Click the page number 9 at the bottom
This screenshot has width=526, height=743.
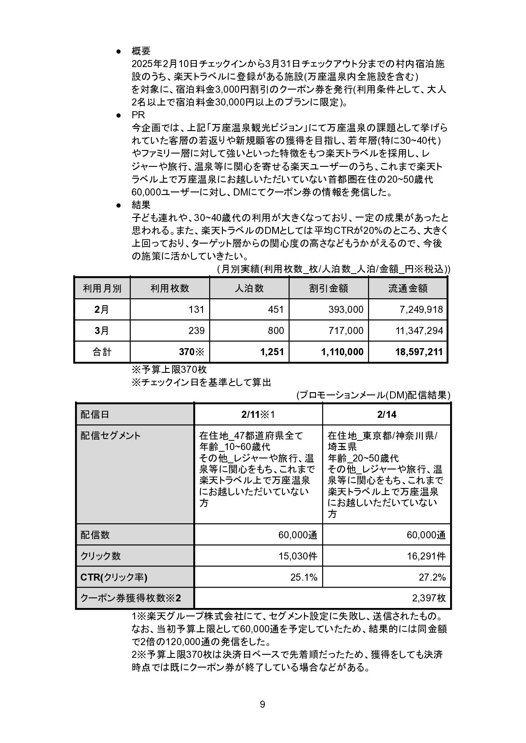[x=263, y=704]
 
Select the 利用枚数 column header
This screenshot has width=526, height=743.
[x=170, y=288]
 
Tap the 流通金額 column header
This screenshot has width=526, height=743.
[x=408, y=288]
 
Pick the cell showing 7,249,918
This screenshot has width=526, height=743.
[x=421, y=309]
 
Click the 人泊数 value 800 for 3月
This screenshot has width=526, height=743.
[x=276, y=330]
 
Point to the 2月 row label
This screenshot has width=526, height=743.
[x=102, y=309]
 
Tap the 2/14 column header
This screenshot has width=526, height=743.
[x=386, y=414]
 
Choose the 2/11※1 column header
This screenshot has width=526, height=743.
[x=258, y=414]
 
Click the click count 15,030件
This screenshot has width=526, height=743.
[x=298, y=556]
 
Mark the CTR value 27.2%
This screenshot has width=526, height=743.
[x=432, y=577]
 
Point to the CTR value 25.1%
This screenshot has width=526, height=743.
[x=304, y=577]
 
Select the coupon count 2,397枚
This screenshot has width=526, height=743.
[x=429, y=598]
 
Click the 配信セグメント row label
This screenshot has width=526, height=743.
[x=111, y=436]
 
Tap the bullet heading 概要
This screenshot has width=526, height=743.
[x=141, y=51]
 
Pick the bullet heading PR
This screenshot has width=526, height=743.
[x=138, y=115]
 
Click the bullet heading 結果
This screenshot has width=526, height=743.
[x=141, y=205]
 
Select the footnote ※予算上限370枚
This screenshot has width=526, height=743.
[x=169, y=369]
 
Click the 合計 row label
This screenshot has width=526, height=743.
[x=102, y=352]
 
